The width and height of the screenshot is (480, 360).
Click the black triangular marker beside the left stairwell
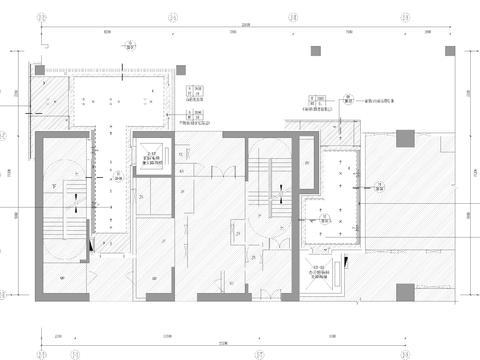(93, 242)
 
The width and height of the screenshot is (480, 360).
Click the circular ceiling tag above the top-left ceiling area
(128, 46)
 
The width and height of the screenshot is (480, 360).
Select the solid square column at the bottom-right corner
(404, 290)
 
